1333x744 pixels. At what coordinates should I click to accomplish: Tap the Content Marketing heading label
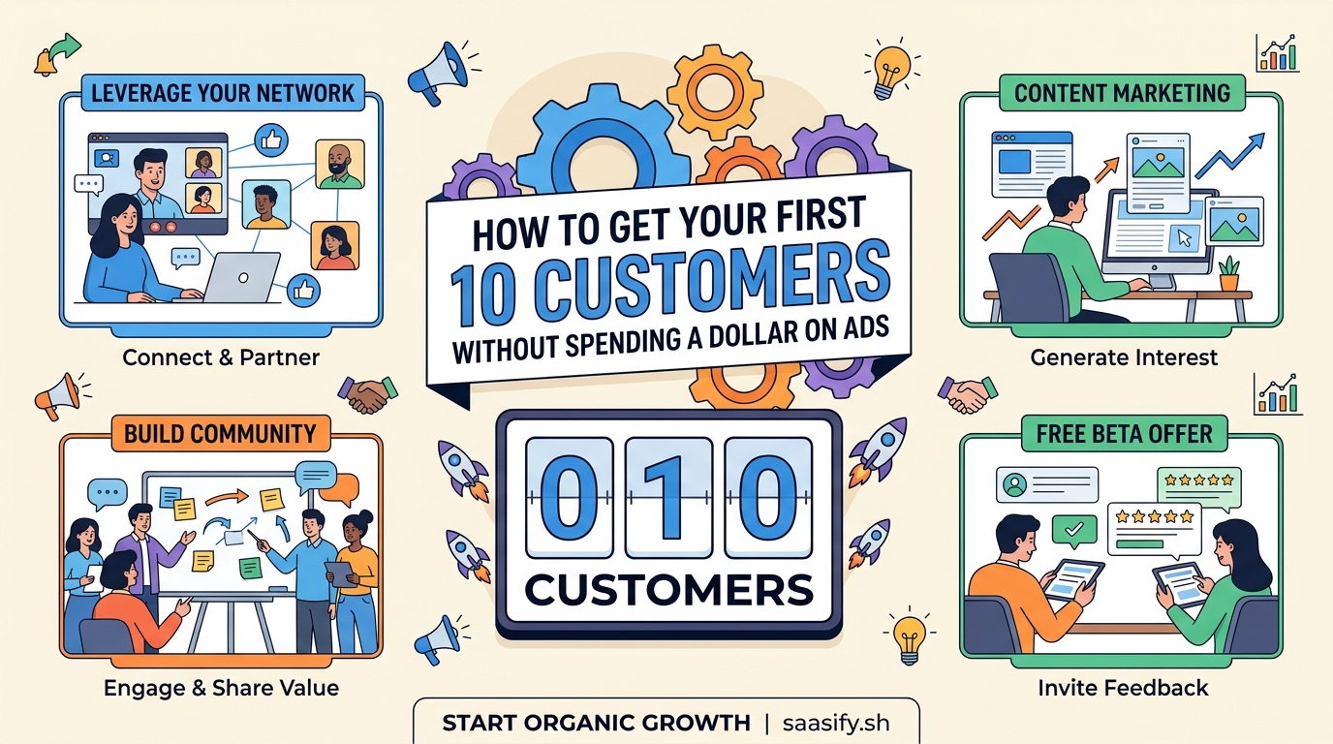point(1122,93)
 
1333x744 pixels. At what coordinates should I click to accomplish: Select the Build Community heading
point(220,433)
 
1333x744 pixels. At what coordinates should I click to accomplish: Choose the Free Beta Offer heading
point(1124,433)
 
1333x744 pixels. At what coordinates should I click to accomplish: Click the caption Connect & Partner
point(221,357)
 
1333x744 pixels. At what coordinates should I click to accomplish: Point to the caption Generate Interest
point(1124,357)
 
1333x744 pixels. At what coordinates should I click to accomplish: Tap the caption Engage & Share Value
point(221,688)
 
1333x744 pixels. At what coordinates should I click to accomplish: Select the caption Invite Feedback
point(1124,688)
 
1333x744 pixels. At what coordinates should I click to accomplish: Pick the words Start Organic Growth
point(596,723)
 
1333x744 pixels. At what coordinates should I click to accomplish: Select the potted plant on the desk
point(1229,273)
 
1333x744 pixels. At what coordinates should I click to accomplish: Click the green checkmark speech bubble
point(1072,531)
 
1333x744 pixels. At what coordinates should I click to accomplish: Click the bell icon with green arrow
point(44,62)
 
